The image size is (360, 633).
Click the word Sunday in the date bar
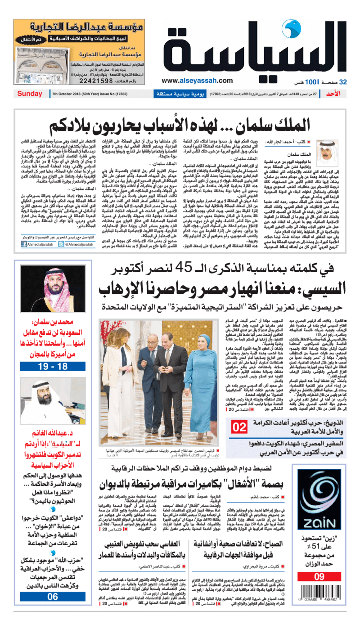click(30, 94)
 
